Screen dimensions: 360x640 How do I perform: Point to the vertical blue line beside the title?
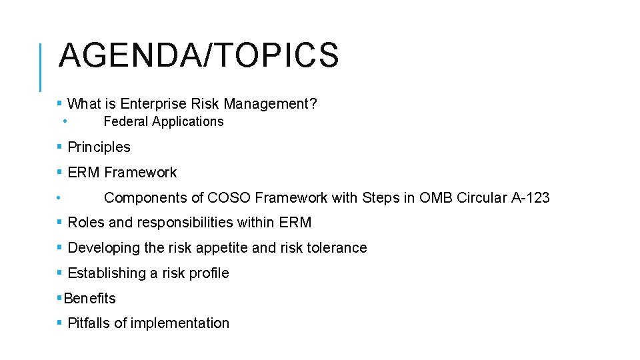[41, 67]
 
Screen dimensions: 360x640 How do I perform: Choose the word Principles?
[99, 147]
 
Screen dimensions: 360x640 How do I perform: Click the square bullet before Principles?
[60, 147]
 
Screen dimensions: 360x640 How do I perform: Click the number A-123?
[530, 197]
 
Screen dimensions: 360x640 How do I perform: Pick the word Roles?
[85, 223]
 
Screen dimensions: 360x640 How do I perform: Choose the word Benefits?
[89, 299]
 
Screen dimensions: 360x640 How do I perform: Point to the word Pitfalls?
[89, 323]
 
